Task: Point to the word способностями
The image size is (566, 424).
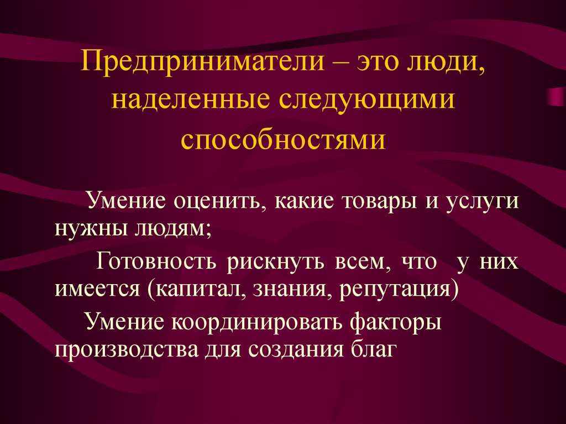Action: (283, 139)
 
